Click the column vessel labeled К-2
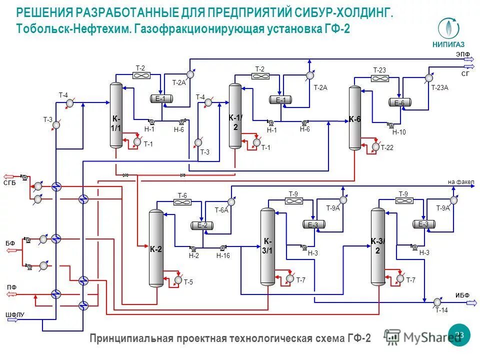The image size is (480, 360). click(156, 248)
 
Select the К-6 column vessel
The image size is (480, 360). click(354, 118)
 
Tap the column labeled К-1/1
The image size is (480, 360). click(116, 115)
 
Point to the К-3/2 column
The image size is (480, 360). click(378, 246)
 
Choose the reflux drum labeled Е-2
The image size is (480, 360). click(202, 225)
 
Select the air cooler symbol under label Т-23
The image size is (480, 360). click(380, 78)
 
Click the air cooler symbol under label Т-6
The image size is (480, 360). click(182, 202)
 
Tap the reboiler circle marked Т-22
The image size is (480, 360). click(375, 147)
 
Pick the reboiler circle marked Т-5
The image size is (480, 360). click(178, 280)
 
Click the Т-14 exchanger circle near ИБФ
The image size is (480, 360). click(437, 301)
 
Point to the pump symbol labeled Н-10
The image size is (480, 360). click(390, 125)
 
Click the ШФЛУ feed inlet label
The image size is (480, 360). click(14, 314)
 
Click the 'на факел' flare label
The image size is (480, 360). click(460, 181)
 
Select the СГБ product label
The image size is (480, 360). click(10, 183)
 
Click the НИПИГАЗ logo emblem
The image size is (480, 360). click(448, 28)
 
